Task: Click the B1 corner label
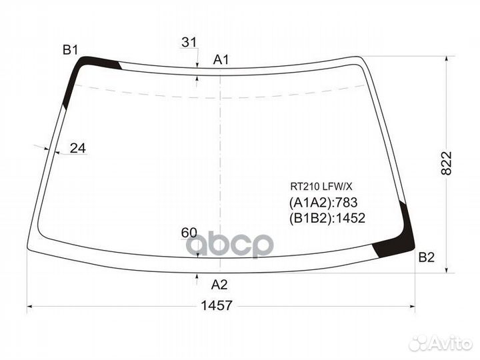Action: [x=71, y=49]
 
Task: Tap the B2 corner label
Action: [x=427, y=257]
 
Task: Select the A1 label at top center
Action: [x=221, y=59]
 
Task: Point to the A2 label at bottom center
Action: [x=219, y=285]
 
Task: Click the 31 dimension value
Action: [x=189, y=42]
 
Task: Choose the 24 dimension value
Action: [x=78, y=148]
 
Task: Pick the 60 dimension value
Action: [x=189, y=233]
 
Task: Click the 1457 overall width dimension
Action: [x=217, y=305]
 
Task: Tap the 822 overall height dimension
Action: [x=446, y=163]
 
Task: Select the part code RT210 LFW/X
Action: [x=321, y=186]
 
